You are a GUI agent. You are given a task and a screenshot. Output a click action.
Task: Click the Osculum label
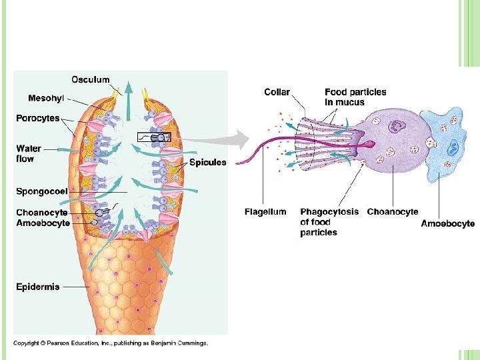[x=91, y=79]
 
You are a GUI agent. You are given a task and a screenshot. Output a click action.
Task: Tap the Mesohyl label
[x=46, y=98]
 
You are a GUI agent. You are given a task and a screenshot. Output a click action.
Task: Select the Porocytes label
[x=38, y=119]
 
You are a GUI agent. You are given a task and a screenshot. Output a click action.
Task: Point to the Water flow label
[x=29, y=154]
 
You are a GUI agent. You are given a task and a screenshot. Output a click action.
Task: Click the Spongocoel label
[x=42, y=191]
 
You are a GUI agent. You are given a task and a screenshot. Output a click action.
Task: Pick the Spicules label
[x=208, y=162]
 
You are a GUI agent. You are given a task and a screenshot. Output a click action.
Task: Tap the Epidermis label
[x=38, y=287]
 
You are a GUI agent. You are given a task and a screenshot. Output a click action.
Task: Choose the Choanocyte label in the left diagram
[x=41, y=213]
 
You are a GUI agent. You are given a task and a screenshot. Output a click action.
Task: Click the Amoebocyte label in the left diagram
[x=43, y=223]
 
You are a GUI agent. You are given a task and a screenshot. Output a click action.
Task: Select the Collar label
[x=277, y=92]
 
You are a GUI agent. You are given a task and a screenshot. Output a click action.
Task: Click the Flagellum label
[x=265, y=212]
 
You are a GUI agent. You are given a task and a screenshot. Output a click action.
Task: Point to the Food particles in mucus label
[x=355, y=97]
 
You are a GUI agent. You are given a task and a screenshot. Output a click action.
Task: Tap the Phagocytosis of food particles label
[x=329, y=222]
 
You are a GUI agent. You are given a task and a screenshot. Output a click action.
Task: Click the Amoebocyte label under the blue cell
[x=448, y=223]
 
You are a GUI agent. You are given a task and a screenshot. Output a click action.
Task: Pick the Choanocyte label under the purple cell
[x=393, y=212]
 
